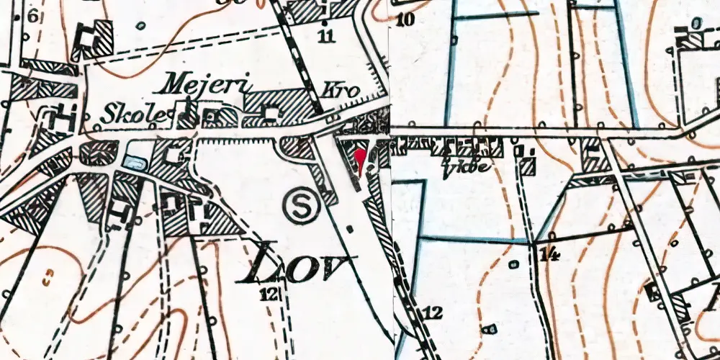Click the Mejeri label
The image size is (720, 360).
coord(207,85)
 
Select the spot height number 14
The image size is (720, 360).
coord(550,253)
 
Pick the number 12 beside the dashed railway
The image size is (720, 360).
coord(431,312)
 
